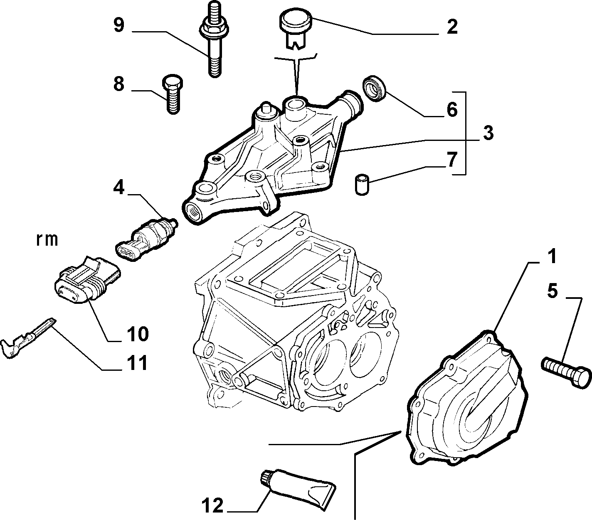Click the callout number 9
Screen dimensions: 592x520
pyautogui.click(x=119, y=25)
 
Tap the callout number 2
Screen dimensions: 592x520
pyautogui.click(x=452, y=27)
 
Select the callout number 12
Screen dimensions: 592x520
pyautogui.click(x=212, y=505)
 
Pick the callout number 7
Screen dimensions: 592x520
pyautogui.click(x=452, y=160)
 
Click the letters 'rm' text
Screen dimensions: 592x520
pyautogui.click(x=47, y=240)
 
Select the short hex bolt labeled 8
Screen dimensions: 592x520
pyautogui.click(x=173, y=94)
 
